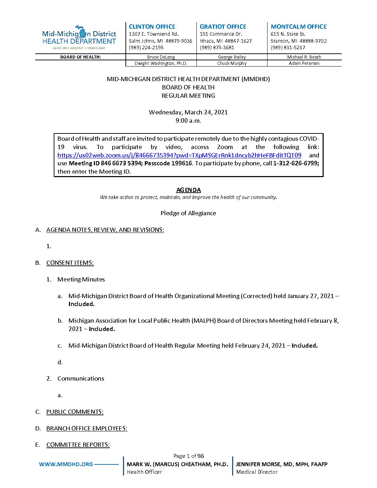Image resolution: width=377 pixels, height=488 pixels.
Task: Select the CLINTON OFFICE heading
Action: coord(152,27)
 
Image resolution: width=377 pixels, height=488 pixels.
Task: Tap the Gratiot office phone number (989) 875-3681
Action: coord(217,47)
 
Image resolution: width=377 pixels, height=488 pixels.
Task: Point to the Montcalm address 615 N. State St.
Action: coord(288,34)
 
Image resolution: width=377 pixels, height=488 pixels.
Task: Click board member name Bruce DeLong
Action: coord(161,57)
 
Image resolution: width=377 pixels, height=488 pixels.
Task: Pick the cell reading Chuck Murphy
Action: coord(232,63)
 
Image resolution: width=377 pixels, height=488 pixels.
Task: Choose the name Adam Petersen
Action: coord(304,63)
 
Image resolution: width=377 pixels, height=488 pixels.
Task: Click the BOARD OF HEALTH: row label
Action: coord(80,57)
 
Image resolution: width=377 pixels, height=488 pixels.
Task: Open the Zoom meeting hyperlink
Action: coord(179,155)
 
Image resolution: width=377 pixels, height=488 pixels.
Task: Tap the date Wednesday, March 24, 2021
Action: coord(188,112)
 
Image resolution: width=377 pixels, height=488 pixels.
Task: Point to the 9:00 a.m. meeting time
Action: coord(188,120)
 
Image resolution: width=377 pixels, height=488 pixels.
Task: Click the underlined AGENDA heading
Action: coord(188,190)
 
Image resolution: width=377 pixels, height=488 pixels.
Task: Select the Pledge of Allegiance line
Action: coord(188,213)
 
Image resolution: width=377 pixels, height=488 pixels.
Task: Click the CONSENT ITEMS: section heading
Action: coord(70,263)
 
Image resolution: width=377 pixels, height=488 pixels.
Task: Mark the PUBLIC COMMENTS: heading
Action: coord(75,412)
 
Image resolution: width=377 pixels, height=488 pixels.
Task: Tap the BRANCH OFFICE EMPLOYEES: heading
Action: coord(87,428)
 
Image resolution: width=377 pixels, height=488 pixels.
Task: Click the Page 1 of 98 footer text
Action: coord(188,456)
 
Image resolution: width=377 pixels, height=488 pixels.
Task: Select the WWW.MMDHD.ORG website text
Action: coord(66,464)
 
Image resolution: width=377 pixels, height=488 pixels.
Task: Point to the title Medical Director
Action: coord(257,472)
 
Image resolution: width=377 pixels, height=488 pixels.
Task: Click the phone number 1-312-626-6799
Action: coord(296,163)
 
